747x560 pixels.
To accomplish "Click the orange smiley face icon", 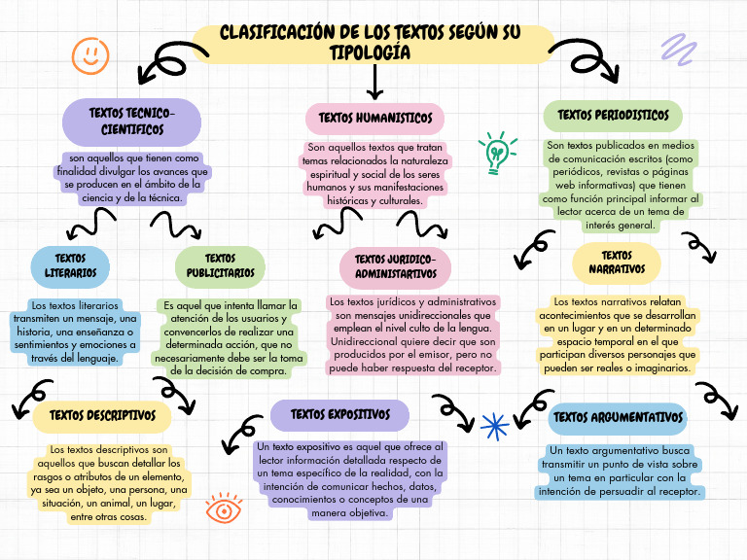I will pyautogui.click(x=90, y=55).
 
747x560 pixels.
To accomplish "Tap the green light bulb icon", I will pyautogui.click(x=497, y=154).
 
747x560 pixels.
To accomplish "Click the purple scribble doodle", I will pyautogui.click(x=678, y=48).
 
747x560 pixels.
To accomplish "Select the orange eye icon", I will pyautogui.click(x=224, y=507).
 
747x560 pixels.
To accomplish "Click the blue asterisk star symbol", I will pyautogui.click(x=495, y=425).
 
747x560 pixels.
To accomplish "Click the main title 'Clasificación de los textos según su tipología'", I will pyautogui.click(x=371, y=43).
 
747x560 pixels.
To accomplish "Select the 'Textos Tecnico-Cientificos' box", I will pyautogui.click(x=131, y=122).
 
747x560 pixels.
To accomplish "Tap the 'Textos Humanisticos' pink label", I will pyautogui.click(x=374, y=119).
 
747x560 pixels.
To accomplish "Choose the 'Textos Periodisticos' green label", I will pyautogui.click(x=613, y=116).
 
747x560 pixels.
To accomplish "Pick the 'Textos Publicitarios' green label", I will pyautogui.click(x=221, y=265).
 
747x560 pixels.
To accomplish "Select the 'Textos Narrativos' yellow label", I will pyautogui.click(x=617, y=262).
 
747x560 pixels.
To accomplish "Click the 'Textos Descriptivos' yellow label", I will pyautogui.click(x=102, y=416).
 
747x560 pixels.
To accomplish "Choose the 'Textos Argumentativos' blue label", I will pyautogui.click(x=618, y=417).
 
